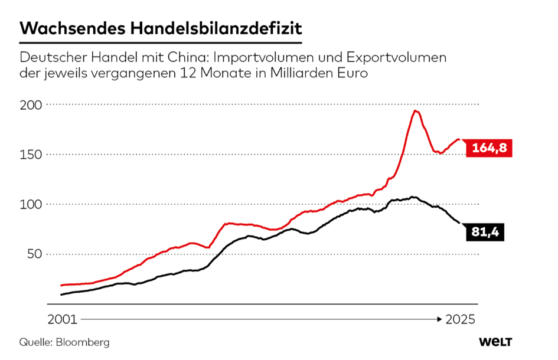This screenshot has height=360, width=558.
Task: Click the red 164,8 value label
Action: point(490,149)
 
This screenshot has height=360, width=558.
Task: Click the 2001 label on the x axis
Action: point(61,319)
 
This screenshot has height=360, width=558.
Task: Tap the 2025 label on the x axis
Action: point(461,319)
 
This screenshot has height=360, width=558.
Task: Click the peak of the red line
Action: point(416,111)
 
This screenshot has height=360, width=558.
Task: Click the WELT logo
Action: point(495,342)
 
